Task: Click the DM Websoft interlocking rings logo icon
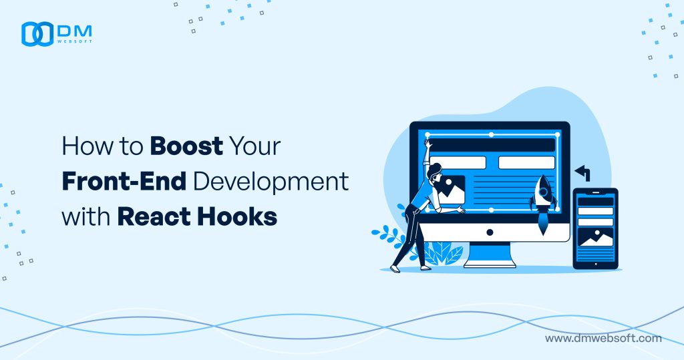pyautogui.click(x=37, y=34)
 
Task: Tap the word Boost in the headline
pyautogui.click(x=186, y=146)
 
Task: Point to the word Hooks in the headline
pyautogui.click(x=243, y=217)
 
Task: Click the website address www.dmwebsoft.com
pyautogui.click(x=603, y=338)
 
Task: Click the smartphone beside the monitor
pyautogui.click(x=595, y=228)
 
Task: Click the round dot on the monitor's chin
pyautogui.click(x=490, y=232)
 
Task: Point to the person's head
pyautogui.click(x=436, y=171)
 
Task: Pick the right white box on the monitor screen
pyautogui.click(x=526, y=162)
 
